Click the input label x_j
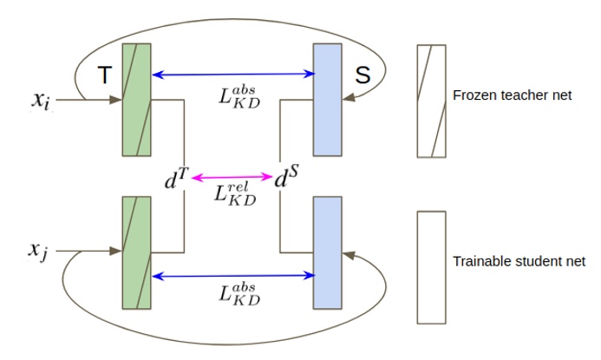click(x=36, y=251)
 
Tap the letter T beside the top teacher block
click(x=103, y=76)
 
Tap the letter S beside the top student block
click(x=363, y=76)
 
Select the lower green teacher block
click(x=137, y=252)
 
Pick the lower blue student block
click(x=327, y=252)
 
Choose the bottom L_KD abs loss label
click(x=240, y=294)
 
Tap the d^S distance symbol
click(x=286, y=180)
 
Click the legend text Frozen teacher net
click(x=512, y=95)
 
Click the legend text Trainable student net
click(x=519, y=261)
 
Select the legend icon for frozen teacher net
click(x=431, y=101)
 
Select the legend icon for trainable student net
click(x=431, y=266)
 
